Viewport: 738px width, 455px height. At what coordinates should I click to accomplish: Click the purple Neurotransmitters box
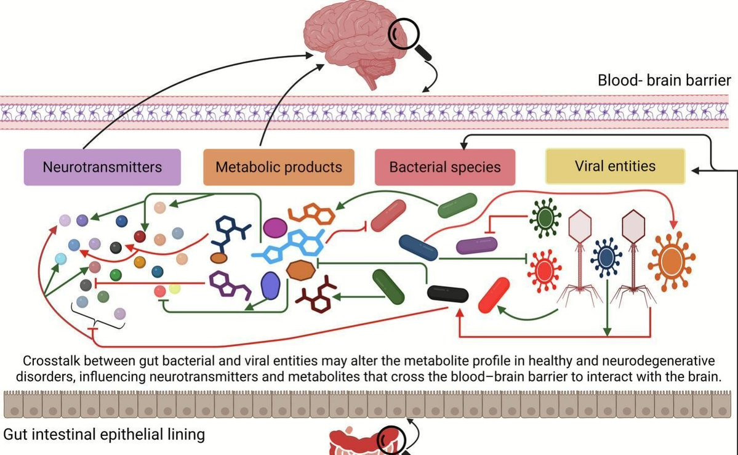click(x=102, y=167)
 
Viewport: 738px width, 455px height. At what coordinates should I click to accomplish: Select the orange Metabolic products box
click(x=278, y=167)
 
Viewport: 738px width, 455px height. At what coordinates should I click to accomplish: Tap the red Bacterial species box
click(x=444, y=167)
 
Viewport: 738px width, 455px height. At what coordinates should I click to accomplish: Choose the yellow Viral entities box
click(x=615, y=166)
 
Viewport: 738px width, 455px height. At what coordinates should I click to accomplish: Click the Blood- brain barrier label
click(x=664, y=81)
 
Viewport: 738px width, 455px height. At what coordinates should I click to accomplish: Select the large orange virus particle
click(x=671, y=259)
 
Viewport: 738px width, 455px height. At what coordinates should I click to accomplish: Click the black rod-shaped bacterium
click(x=447, y=294)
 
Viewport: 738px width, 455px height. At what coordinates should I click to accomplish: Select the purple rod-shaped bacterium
click(x=476, y=246)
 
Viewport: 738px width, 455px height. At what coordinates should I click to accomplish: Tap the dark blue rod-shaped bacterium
click(x=419, y=246)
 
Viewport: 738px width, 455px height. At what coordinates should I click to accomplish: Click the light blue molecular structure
click(x=289, y=249)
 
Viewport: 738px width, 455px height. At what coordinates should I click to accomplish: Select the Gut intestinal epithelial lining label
click(x=104, y=435)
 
